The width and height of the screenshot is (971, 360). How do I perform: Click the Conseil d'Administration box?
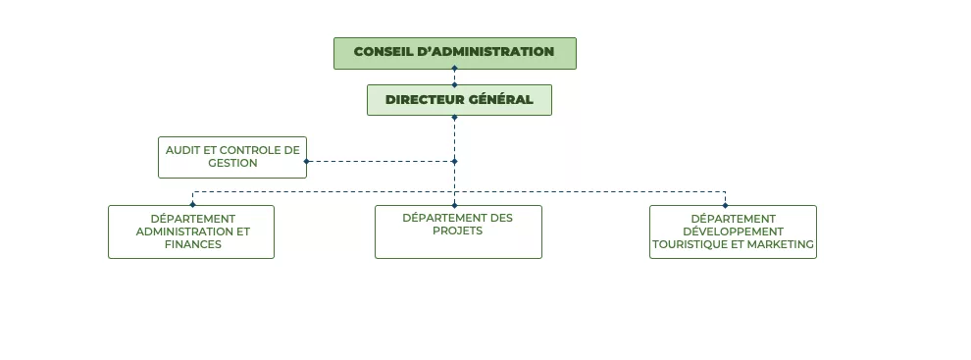coord(454,53)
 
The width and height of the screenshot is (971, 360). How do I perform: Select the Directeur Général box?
coord(459,100)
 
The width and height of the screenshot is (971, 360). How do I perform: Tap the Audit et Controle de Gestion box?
coord(232,157)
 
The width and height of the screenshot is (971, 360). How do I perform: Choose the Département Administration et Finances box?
coord(191,231)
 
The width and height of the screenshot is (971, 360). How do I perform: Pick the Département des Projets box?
coord(458,231)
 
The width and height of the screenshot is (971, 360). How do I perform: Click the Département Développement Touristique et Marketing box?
coord(733,231)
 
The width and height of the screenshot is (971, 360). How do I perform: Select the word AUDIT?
coord(183,150)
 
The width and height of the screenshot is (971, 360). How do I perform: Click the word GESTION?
coord(232,163)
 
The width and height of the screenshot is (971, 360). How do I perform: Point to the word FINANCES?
coord(193,244)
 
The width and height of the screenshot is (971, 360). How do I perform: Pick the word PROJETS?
coord(458,231)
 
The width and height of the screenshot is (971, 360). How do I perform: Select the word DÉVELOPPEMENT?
coord(734,231)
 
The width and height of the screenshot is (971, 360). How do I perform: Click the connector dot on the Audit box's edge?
coord(306,161)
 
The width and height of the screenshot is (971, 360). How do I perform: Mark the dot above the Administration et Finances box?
coord(192,204)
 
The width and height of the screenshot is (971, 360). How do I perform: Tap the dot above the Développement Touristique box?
coord(725,204)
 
